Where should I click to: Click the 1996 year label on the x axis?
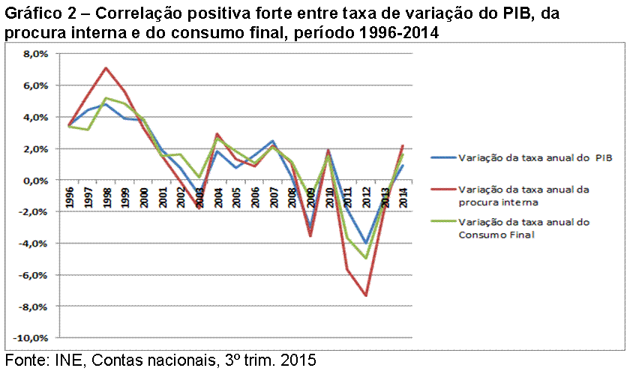pos(70,198)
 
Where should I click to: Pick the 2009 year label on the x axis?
pos(310,198)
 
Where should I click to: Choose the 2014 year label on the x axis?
pos(403,198)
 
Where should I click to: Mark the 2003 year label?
pos(199,198)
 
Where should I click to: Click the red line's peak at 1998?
pos(106,68)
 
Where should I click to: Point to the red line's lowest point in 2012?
pos(366,295)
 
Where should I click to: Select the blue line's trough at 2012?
pos(366,243)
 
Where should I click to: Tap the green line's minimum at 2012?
pos(366,259)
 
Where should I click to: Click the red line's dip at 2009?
pos(310,236)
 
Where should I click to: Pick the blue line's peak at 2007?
pos(273,141)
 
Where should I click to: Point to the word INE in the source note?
pos(67,361)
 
